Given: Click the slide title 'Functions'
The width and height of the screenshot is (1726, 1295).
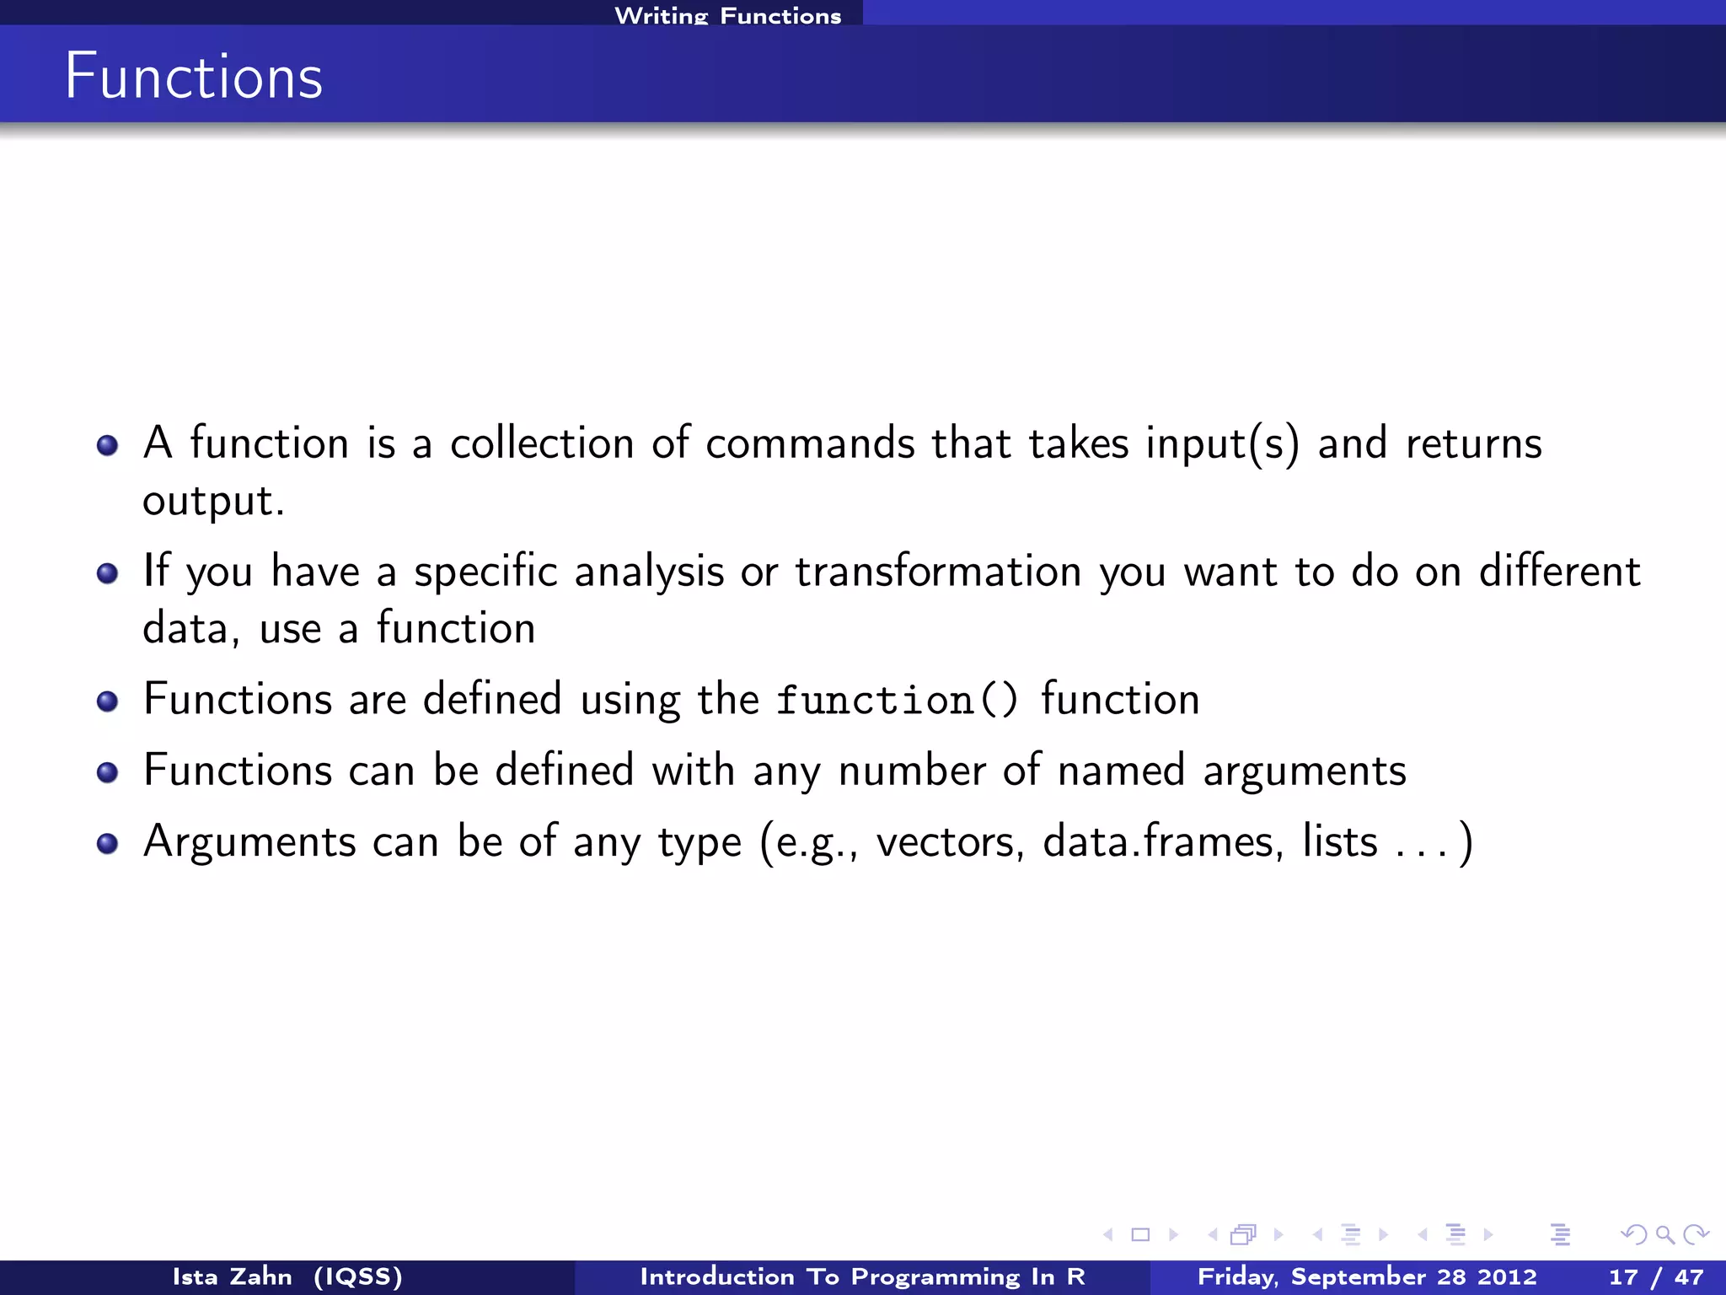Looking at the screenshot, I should tap(194, 76).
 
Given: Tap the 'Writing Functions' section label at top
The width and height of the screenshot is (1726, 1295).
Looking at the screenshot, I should tap(727, 15).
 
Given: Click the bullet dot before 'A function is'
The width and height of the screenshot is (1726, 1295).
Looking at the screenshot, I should tap(107, 444).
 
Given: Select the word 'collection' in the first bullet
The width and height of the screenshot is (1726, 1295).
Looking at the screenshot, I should tap(541, 443).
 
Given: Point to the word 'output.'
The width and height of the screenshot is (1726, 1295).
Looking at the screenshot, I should tap(213, 502).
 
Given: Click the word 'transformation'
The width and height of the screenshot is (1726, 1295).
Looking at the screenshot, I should tap(938, 571).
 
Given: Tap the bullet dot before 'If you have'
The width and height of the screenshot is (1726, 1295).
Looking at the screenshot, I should tap(107, 573).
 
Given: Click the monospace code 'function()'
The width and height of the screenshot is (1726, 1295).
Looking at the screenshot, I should tap(897, 700).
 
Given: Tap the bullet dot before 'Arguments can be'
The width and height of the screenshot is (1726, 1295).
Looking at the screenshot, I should tap(107, 843).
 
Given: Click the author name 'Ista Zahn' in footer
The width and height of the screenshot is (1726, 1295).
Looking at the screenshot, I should tap(232, 1276).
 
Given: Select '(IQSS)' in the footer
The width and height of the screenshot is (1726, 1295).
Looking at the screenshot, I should tap(358, 1276).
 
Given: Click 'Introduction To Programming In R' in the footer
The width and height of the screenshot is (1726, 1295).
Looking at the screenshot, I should tap(862, 1276).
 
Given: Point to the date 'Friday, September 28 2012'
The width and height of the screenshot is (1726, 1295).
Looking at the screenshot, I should tap(1367, 1276).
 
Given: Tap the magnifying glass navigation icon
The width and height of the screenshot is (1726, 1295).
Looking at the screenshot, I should tap(1664, 1235).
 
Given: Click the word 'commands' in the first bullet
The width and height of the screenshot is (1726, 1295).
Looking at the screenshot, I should tap(809, 443).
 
